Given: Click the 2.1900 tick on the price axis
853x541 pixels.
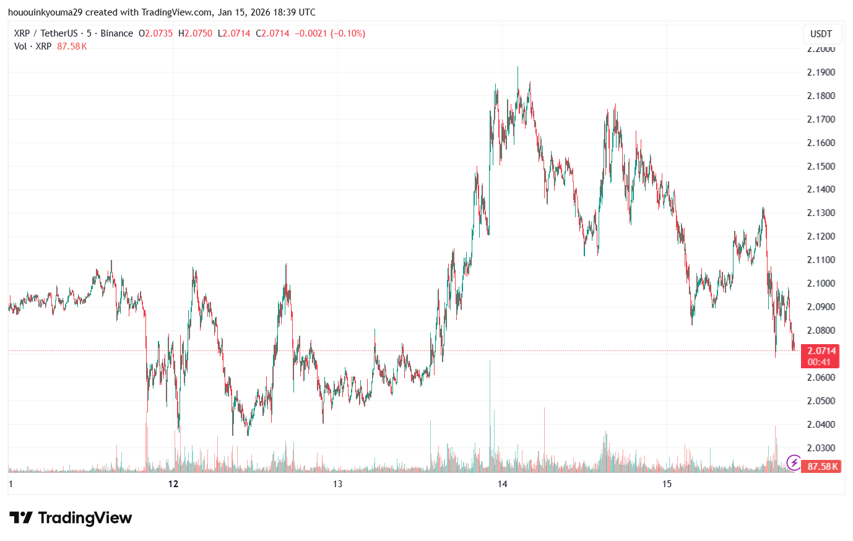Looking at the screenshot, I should coord(821,72).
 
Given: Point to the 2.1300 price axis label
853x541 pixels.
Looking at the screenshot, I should coord(821,213).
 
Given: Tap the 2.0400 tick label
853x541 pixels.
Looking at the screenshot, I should coord(821,425).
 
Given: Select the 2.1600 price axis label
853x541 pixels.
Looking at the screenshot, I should coord(821,143).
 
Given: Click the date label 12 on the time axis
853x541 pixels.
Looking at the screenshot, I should coord(173,484).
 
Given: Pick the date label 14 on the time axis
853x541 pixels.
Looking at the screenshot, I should coord(502,484).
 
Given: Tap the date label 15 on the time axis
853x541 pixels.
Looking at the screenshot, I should coord(667,484).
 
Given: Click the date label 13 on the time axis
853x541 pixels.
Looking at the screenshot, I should coord(337,484).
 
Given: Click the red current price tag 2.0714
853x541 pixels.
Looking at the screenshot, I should coord(821,351).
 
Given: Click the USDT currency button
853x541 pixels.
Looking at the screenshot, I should coord(821,34).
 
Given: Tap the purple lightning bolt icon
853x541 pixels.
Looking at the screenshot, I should coord(794,462).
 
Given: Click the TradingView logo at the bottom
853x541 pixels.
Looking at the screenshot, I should coord(71,518).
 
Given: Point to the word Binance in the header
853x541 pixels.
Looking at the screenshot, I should coord(116,33).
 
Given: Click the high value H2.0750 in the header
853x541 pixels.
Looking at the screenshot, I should coord(195,33).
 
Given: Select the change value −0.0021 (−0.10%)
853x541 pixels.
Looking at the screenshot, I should coord(330,33).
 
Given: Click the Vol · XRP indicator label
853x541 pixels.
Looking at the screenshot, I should coord(33,46).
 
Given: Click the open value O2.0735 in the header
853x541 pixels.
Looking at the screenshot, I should coord(155,33).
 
